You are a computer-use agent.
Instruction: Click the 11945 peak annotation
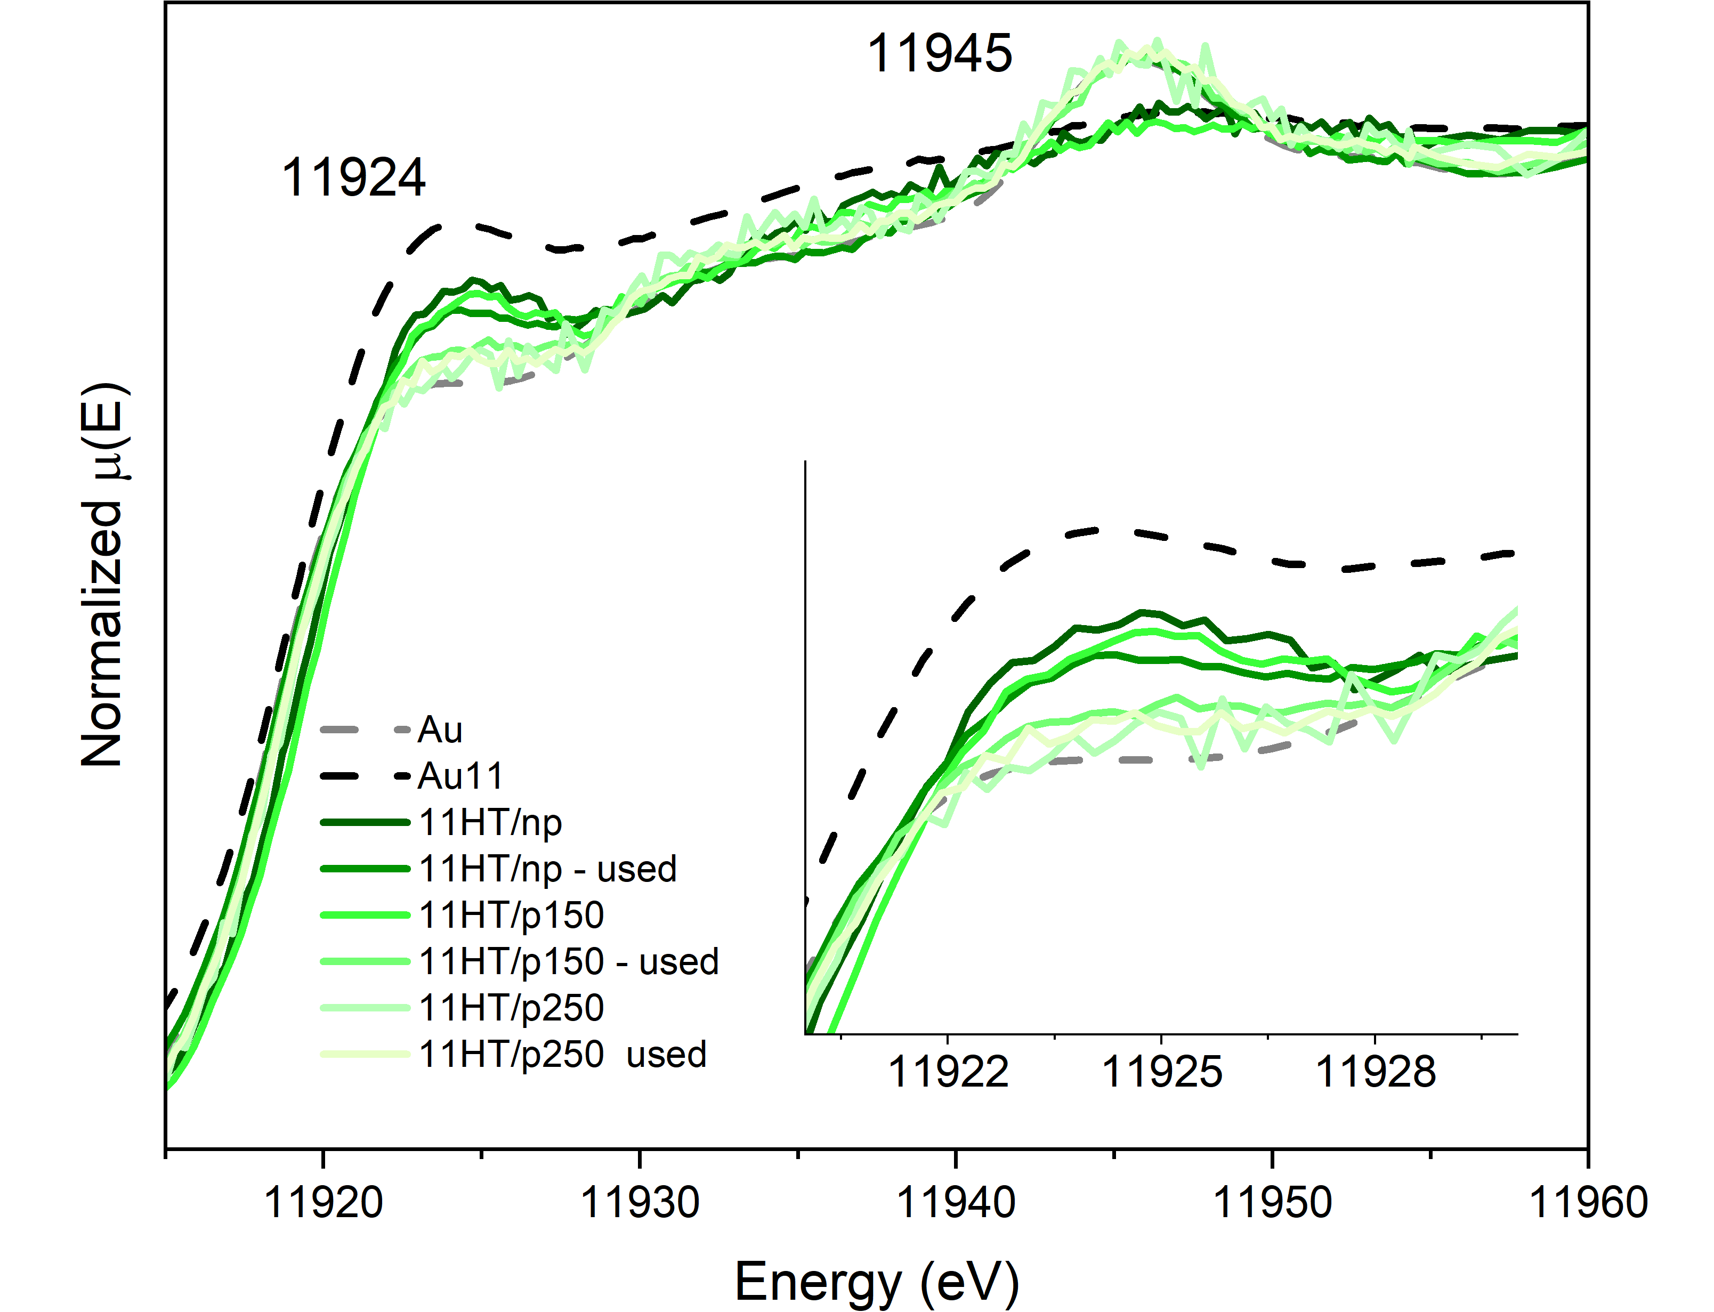click(940, 55)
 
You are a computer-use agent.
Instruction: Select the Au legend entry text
click(440, 730)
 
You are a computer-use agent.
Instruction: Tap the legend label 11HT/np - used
click(547, 869)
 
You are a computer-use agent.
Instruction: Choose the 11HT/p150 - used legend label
click(569, 962)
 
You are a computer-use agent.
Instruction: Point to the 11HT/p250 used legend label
click(562, 1054)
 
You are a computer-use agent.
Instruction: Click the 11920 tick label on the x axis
click(324, 1202)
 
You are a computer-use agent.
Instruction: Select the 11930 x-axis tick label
click(640, 1202)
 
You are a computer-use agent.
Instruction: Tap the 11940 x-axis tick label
click(956, 1202)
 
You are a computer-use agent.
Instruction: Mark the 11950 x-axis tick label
click(1272, 1202)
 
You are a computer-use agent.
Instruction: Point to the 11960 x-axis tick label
click(1588, 1202)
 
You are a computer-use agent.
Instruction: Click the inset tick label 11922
click(948, 1072)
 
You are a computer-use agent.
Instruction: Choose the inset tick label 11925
click(1161, 1072)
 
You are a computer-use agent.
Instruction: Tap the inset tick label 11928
click(1375, 1072)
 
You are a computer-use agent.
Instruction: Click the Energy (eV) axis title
click(876, 1282)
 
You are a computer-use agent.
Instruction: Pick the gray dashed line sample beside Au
click(365, 730)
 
